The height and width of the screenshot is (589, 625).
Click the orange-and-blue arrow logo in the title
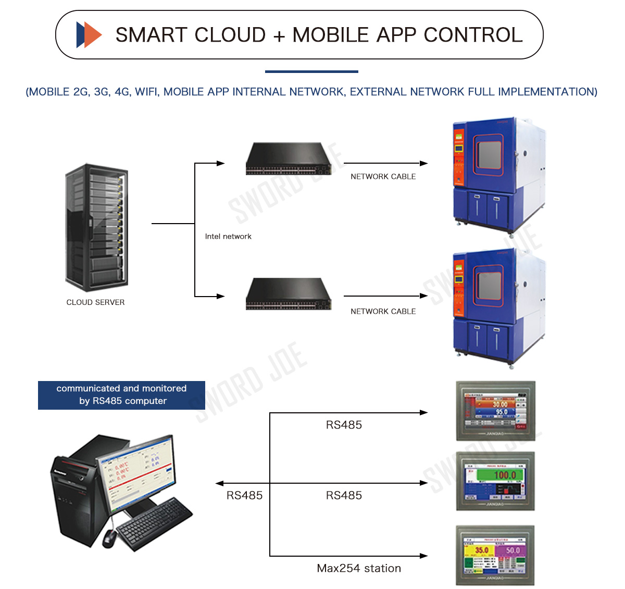coord(89,35)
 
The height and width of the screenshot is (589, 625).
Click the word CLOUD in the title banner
coord(230,35)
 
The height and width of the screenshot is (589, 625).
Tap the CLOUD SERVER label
coord(95,302)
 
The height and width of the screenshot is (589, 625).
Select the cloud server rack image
coord(97,227)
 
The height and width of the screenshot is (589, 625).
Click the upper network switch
coord(289,159)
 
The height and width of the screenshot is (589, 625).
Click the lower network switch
coord(289,295)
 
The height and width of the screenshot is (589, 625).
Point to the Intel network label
coord(228,237)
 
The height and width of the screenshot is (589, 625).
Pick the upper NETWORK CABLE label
coord(383,177)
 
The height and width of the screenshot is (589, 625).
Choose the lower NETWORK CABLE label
coord(383,312)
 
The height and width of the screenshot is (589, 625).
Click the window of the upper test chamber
coord(489,155)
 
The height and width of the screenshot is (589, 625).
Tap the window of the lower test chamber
coord(489,286)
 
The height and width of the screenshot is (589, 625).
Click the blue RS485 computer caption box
coord(121,395)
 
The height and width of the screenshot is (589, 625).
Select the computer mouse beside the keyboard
coord(109,537)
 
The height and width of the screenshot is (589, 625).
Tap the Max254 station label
coord(359,569)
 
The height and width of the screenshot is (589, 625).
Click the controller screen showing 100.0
coord(495,481)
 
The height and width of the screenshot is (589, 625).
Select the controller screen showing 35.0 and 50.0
coord(495,556)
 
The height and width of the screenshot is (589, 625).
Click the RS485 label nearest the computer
coord(244,496)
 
